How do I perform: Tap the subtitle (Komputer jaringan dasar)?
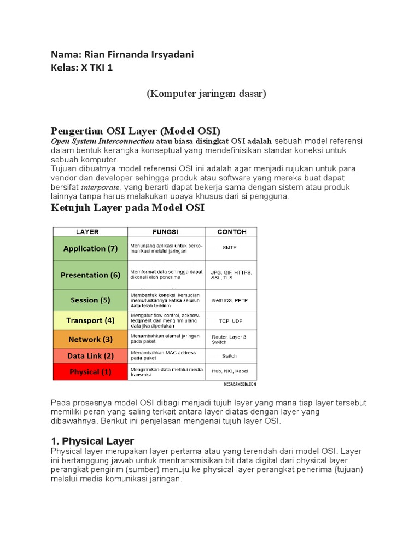pos(206,94)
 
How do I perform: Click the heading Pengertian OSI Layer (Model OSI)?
pos(136,131)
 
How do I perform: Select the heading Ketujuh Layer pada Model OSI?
pos(127,208)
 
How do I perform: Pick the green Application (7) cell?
pos(90,249)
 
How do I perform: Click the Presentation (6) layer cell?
pos(90,275)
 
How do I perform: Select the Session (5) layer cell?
pos(90,300)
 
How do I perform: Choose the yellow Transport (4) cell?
pos(90,320)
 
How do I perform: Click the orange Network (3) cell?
pos(90,340)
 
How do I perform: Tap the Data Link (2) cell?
pos(90,356)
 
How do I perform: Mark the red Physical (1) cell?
pos(90,372)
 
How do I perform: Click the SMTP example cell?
pos(230,248)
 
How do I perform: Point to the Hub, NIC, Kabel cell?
pos(230,371)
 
